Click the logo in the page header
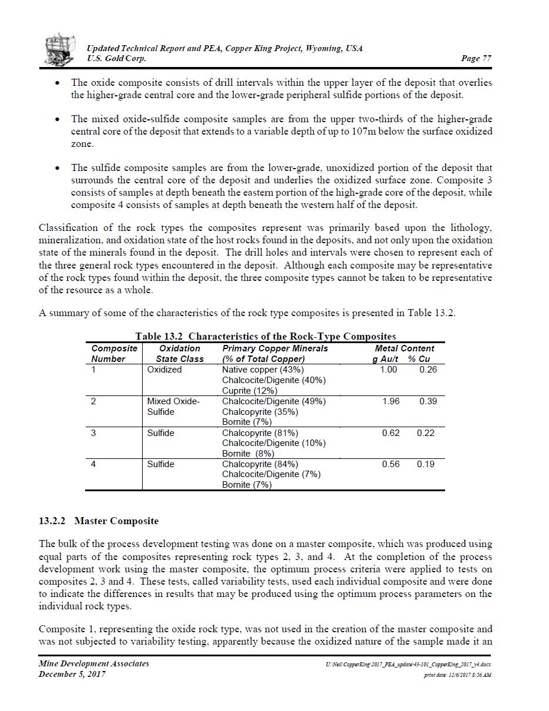click(x=61, y=49)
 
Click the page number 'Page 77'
click(x=477, y=58)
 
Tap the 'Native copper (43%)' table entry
click(x=262, y=370)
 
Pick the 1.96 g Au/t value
click(x=390, y=401)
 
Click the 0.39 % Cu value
click(x=428, y=401)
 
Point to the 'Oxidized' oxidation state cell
click(x=164, y=370)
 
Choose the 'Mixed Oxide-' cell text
click(x=173, y=401)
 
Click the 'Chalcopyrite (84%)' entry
click(x=260, y=464)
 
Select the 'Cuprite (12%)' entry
click(x=250, y=391)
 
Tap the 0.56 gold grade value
click(x=390, y=464)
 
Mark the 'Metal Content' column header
click(x=405, y=348)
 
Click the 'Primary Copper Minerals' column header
click(x=275, y=348)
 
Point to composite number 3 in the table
click(x=94, y=433)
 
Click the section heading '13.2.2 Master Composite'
click(x=99, y=521)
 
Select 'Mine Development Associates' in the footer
click(x=94, y=663)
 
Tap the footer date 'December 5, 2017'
click(x=72, y=674)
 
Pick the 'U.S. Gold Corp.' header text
click(x=116, y=58)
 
